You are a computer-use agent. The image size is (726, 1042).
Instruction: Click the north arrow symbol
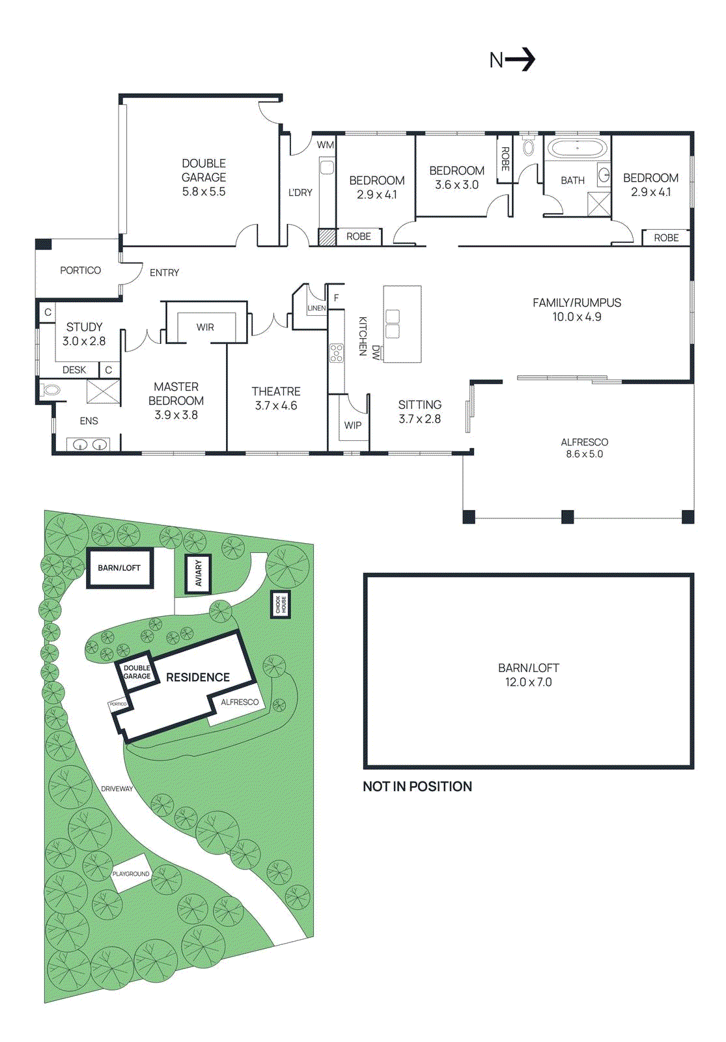tap(520, 60)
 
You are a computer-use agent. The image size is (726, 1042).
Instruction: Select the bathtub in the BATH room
tap(577, 148)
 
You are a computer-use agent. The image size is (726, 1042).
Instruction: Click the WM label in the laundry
tap(325, 145)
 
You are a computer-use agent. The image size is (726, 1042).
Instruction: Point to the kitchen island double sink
tap(393, 324)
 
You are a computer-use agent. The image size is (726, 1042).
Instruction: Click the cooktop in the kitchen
tap(337, 353)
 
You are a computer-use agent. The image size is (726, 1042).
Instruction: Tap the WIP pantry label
tap(353, 425)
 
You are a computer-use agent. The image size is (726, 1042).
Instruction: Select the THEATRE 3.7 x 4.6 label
tap(276, 398)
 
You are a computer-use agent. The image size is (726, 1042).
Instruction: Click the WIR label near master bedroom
tap(205, 328)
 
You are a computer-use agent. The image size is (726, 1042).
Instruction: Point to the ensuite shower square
tap(103, 392)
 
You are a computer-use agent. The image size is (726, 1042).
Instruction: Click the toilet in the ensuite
tap(50, 391)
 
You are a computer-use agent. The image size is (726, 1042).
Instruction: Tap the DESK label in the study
tap(74, 370)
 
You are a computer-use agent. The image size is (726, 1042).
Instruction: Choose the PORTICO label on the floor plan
tap(80, 270)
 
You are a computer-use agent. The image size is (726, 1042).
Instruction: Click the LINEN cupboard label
tap(316, 308)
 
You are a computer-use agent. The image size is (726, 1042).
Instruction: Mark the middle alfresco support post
tap(568, 516)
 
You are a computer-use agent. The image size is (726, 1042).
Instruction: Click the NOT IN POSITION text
tap(417, 786)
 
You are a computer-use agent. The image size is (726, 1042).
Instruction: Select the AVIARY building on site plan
tap(199, 573)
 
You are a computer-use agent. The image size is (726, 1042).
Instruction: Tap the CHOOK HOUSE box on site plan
tap(281, 604)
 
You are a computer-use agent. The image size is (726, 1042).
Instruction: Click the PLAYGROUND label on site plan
tap(131, 873)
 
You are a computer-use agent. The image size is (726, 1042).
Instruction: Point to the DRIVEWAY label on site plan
tap(117, 789)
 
